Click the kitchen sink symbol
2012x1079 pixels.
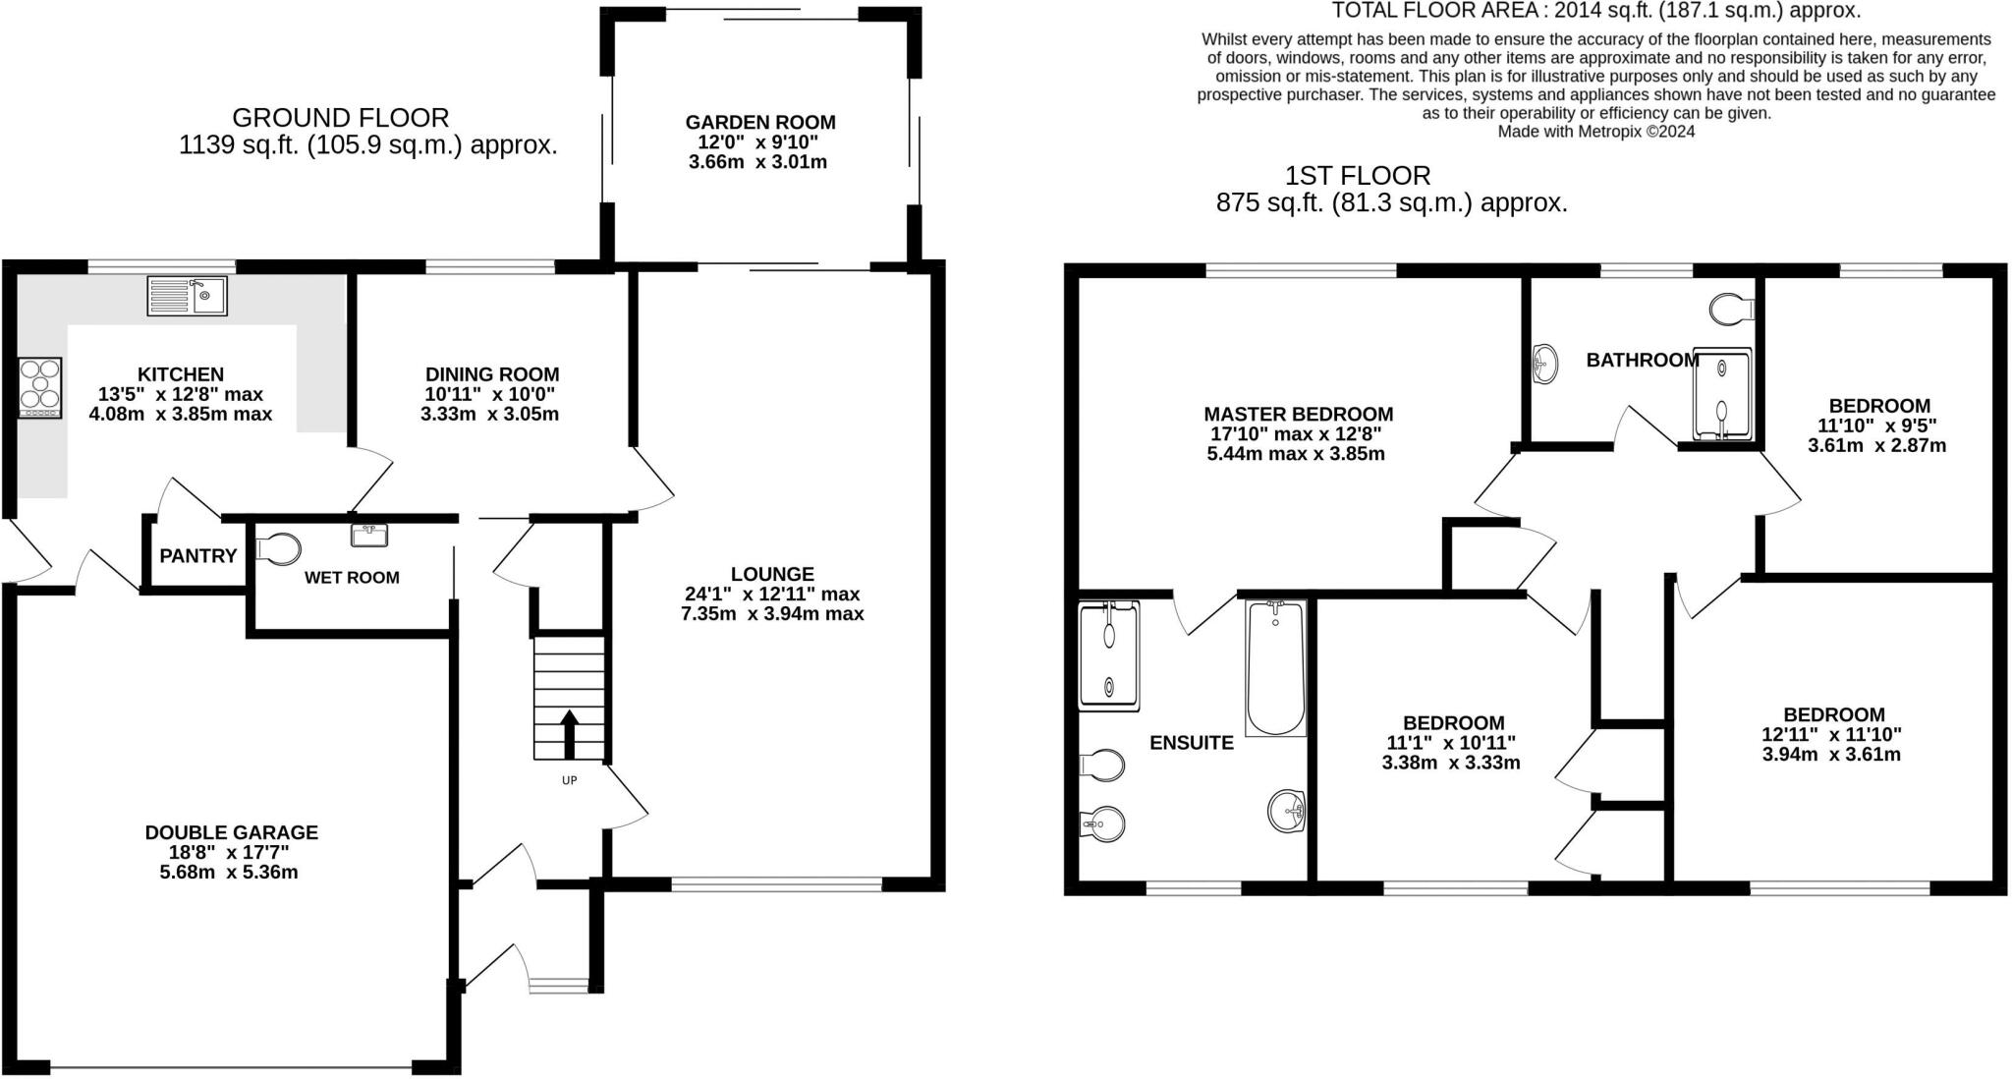[x=187, y=296]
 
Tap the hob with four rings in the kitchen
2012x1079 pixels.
[x=40, y=386]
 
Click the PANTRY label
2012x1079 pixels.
[x=198, y=556]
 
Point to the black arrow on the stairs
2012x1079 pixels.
[x=569, y=733]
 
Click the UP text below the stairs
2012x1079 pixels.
[x=569, y=780]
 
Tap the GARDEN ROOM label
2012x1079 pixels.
[x=760, y=123]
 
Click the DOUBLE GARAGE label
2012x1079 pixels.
[x=232, y=832]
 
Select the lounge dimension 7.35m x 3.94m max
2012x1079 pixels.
[x=772, y=614]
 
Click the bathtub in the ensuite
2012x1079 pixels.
[x=1275, y=668]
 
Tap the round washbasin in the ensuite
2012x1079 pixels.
[x=1287, y=812]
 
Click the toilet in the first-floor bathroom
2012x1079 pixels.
[x=1731, y=311]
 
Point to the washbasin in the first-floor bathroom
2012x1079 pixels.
[x=1545, y=365]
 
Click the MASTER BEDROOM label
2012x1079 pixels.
[x=1298, y=415]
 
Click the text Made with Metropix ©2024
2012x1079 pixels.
[x=1595, y=132]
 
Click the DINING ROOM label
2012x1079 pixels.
[x=492, y=374]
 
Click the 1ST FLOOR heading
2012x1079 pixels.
[x=1358, y=176]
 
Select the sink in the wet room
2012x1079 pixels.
[x=369, y=536]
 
